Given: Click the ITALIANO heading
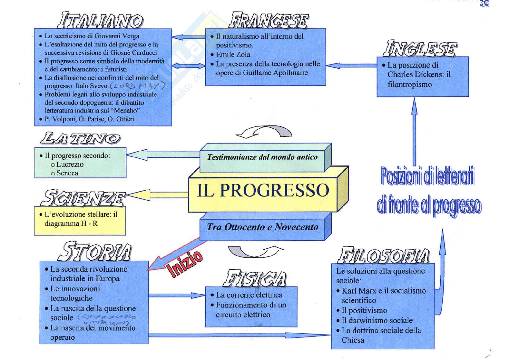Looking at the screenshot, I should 100,20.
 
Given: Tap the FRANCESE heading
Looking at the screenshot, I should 269,20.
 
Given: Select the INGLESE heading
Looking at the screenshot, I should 419,49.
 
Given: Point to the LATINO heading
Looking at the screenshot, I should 80,138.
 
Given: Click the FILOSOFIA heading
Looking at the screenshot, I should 383,256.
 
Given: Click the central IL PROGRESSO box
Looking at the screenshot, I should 263,190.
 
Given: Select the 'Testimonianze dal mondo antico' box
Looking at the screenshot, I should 262,157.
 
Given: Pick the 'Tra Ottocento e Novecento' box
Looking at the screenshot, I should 262,227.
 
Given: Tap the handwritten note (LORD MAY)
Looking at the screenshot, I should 138,86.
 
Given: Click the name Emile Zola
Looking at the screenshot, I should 233,55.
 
